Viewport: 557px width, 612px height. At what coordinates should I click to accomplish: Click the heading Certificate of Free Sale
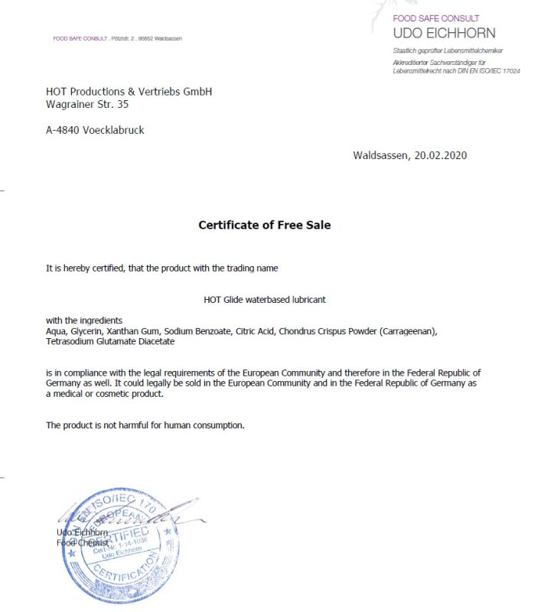tap(264, 225)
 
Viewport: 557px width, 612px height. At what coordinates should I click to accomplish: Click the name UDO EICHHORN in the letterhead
tap(444, 33)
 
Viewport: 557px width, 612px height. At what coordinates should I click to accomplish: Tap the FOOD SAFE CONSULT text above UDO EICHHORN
tap(436, 18)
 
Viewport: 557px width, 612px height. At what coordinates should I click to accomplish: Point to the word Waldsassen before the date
tap(381, 155)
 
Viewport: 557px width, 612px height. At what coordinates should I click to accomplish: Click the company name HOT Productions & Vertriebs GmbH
tap(129, 92)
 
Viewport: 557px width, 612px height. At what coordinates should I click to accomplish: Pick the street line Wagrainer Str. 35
tap(87, 104)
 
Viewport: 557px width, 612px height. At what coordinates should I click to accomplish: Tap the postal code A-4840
tap(62, 130)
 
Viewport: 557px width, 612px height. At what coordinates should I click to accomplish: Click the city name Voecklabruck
tap(113, 130)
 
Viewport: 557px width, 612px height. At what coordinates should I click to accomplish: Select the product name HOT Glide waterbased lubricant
tap(265, 300)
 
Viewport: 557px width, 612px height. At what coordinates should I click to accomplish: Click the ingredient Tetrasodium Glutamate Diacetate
tap(110, 341)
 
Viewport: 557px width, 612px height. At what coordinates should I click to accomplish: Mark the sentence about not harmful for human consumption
tap(145, 425)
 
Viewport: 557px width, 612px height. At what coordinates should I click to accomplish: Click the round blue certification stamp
tap(122, 545)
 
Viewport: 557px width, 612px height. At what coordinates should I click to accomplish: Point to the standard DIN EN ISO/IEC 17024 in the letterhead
tap(488, 70)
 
